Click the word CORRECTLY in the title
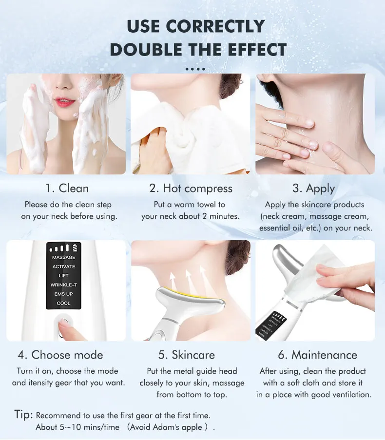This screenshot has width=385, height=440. point(215,26)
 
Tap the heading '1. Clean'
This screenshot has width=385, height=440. point(67,188)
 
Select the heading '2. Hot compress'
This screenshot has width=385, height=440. point(191,189)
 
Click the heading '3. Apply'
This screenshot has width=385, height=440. point(314,189)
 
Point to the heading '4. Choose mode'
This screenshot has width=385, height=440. point(60,355)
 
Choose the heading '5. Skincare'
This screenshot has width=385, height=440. point(187,355)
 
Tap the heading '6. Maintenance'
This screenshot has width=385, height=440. point(318,355)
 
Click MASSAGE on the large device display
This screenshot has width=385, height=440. point(64,257)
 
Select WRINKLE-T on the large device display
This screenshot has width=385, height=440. point(64,285)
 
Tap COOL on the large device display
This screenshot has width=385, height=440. point(64,304)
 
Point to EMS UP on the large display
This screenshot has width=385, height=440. point(64,294)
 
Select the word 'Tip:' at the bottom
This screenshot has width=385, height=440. point(23,415)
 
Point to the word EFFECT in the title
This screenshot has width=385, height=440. point(257,50)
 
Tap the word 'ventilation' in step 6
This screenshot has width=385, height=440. point(352,395)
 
